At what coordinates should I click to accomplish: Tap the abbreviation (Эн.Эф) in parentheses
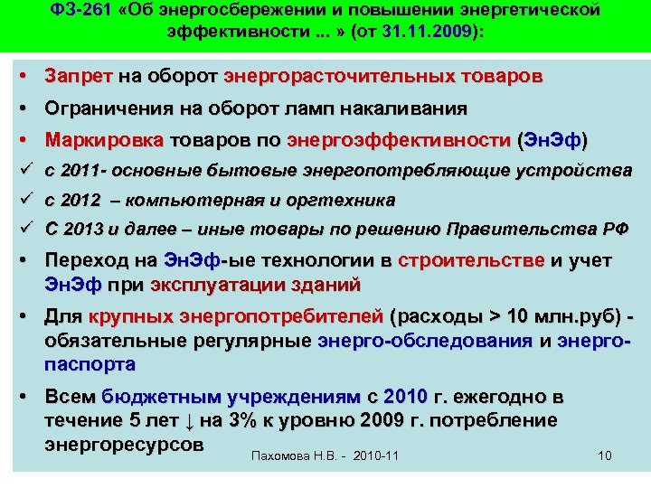pos(552,141)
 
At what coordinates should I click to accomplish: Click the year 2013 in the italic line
pos(82,229)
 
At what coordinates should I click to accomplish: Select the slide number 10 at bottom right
pos(605,455)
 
